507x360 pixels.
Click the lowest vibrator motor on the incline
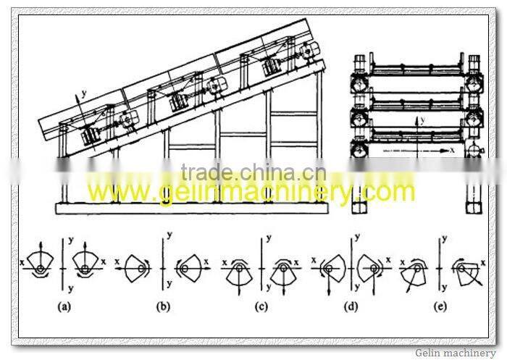[92, 136]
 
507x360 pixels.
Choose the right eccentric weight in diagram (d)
[373, 269]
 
